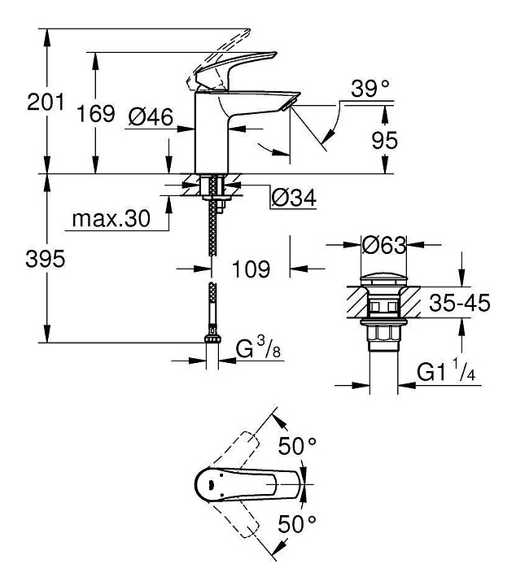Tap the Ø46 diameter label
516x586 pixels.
click(x=151, y=117)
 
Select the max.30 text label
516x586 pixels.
click(x=112, y=219)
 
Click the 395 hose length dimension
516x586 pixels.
click(x=44, y=260)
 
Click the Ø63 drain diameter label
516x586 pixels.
click(x=383, y=244)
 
